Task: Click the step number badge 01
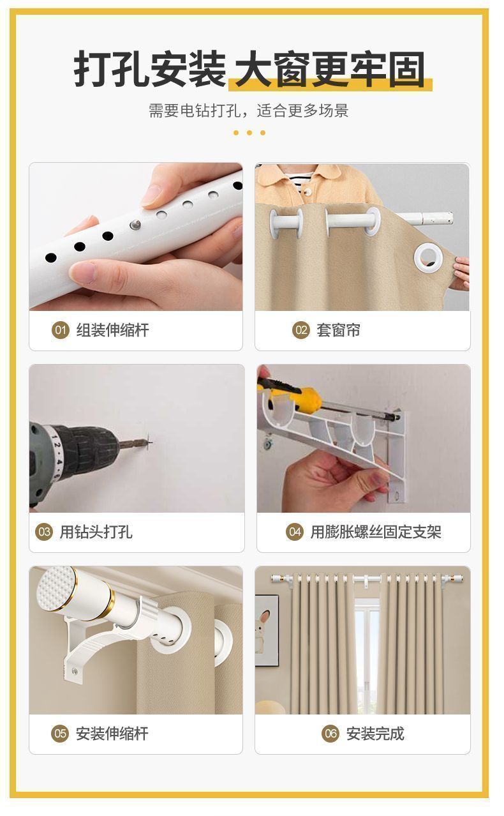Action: coord(61,330)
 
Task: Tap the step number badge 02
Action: coord(301,330)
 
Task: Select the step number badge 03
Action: coord(44,532)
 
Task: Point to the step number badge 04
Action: coord(295,532)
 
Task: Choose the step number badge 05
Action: coord(60,733)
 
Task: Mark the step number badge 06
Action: coord(330,733)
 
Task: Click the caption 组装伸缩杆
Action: coord(112,330)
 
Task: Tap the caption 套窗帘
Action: coord(338,330)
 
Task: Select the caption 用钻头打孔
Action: coord(96,532)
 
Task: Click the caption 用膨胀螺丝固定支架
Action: coord(376,532)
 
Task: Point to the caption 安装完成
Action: coord(375,733)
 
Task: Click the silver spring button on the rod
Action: coord(135,225)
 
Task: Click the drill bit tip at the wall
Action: coord(150,443)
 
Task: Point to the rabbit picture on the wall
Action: coord(267,631)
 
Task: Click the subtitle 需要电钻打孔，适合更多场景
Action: coord(249,110)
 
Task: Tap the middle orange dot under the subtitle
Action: coord(249,133)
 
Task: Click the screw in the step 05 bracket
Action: coord(75,671)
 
